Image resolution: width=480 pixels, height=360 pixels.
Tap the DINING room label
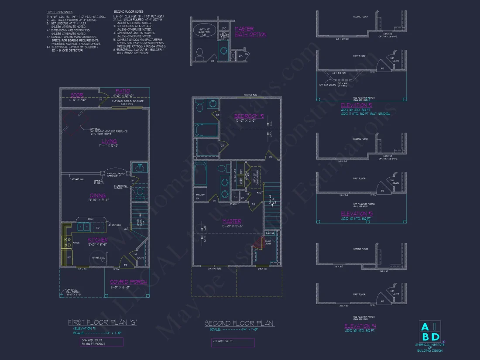click(98, 196)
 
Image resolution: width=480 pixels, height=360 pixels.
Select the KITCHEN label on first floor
click(98, 240)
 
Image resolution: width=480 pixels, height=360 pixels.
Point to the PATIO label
click(123, 91)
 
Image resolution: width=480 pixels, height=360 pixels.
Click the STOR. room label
click(77, 95)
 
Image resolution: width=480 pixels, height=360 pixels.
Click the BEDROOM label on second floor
click(249, 116)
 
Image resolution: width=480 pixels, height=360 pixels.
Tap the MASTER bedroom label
click(232, 221)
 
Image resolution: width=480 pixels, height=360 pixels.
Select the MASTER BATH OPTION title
click(250, 31)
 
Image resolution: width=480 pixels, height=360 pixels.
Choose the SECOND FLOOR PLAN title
click(239, 323)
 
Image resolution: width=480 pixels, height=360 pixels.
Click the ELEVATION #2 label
click(357, 105)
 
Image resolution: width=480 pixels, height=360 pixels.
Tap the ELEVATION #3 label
click(357, 213)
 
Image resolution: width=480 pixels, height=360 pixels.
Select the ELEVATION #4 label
click(360, 326)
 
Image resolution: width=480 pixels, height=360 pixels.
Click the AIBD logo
click(430, 332)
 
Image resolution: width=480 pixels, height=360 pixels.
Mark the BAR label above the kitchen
click(91, 219)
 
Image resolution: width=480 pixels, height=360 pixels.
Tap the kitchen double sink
click(84, 227)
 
